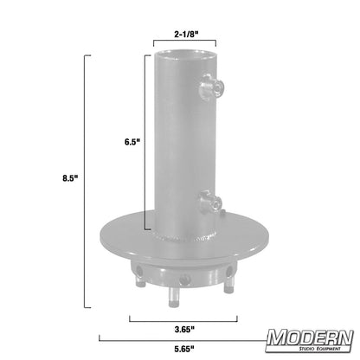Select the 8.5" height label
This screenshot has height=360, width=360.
coord(70,179)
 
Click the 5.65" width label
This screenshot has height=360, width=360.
coord(182,350)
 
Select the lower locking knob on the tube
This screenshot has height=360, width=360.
coord(210,202)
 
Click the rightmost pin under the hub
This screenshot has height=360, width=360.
coord(228,285)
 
